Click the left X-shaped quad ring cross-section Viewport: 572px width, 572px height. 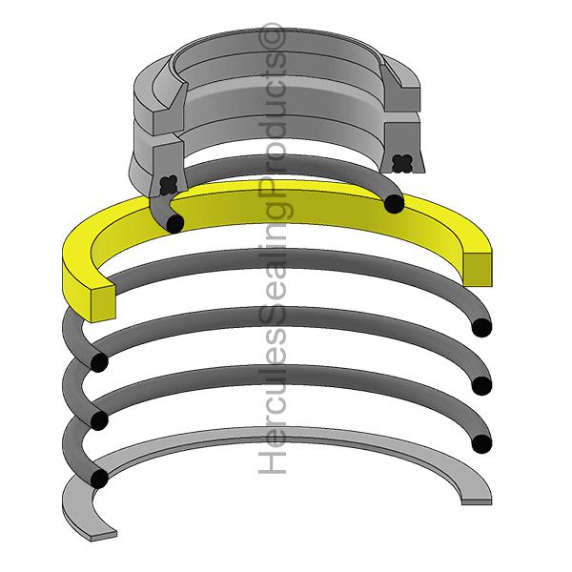click(169, 185)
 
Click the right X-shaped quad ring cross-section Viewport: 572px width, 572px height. click(402, 163)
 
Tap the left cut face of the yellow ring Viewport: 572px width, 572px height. click(103, 303)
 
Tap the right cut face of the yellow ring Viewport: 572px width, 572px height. click(478, 269)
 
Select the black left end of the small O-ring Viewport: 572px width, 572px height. click(175, 224)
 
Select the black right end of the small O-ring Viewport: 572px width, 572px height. click(395, 204)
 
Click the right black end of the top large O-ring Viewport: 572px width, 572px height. click(481, 328)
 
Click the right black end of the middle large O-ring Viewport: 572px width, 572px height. click(481, 386)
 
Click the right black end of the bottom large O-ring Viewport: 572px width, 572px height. click(481, 444)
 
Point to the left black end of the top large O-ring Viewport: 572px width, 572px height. click(99, 362)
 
